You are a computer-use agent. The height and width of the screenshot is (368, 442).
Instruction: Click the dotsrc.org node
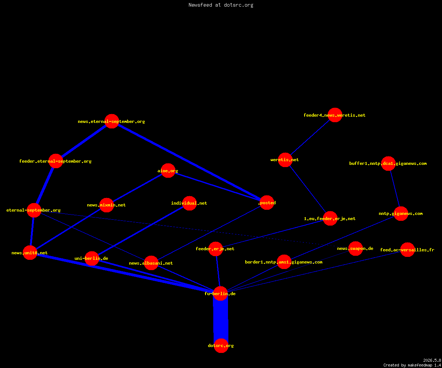[x=221, y=346]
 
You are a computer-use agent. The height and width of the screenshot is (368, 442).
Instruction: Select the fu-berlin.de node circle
[x=220, y=294]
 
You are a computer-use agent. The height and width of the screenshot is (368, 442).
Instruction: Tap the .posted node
[x=267, y=203]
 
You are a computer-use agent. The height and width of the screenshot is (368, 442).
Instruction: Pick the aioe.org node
[x=168, y=170]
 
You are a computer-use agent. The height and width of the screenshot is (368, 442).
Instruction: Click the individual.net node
[x=189, y=203]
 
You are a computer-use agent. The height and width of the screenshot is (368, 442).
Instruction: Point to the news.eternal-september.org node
[x=112, y=121]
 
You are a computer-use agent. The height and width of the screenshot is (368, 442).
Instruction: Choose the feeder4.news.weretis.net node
[x=335, y=115]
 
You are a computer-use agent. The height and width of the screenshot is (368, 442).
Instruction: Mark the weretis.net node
[x=285, y=160]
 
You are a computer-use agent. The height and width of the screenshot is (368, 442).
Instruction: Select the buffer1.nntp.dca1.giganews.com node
[x=388, y=163]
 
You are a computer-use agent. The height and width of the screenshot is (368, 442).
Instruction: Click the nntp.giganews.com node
[x=401, y=213]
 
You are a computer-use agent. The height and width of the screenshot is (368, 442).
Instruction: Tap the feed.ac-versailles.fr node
[x=407, y=250]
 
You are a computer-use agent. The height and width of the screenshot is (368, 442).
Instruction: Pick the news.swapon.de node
[x=356, y=248]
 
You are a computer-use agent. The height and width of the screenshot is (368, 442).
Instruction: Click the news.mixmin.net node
[x=106, y=205]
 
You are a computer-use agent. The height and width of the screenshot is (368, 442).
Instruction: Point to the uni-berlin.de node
[x=92, y=258]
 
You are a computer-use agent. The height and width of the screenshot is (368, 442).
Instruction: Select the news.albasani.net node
[x=151, y=263]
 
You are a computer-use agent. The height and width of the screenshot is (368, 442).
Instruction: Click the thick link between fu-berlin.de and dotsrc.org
[x=221, y=319]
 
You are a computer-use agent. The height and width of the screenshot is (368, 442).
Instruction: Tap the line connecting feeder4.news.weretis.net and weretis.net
[x=310, y=137]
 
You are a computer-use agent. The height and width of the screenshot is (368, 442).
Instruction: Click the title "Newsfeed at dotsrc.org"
[x=221, y=5]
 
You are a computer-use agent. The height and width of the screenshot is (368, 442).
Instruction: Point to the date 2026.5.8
[x=432, y=360]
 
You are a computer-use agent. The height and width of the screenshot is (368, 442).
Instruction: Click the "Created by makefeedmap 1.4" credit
[x=412, y=365]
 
